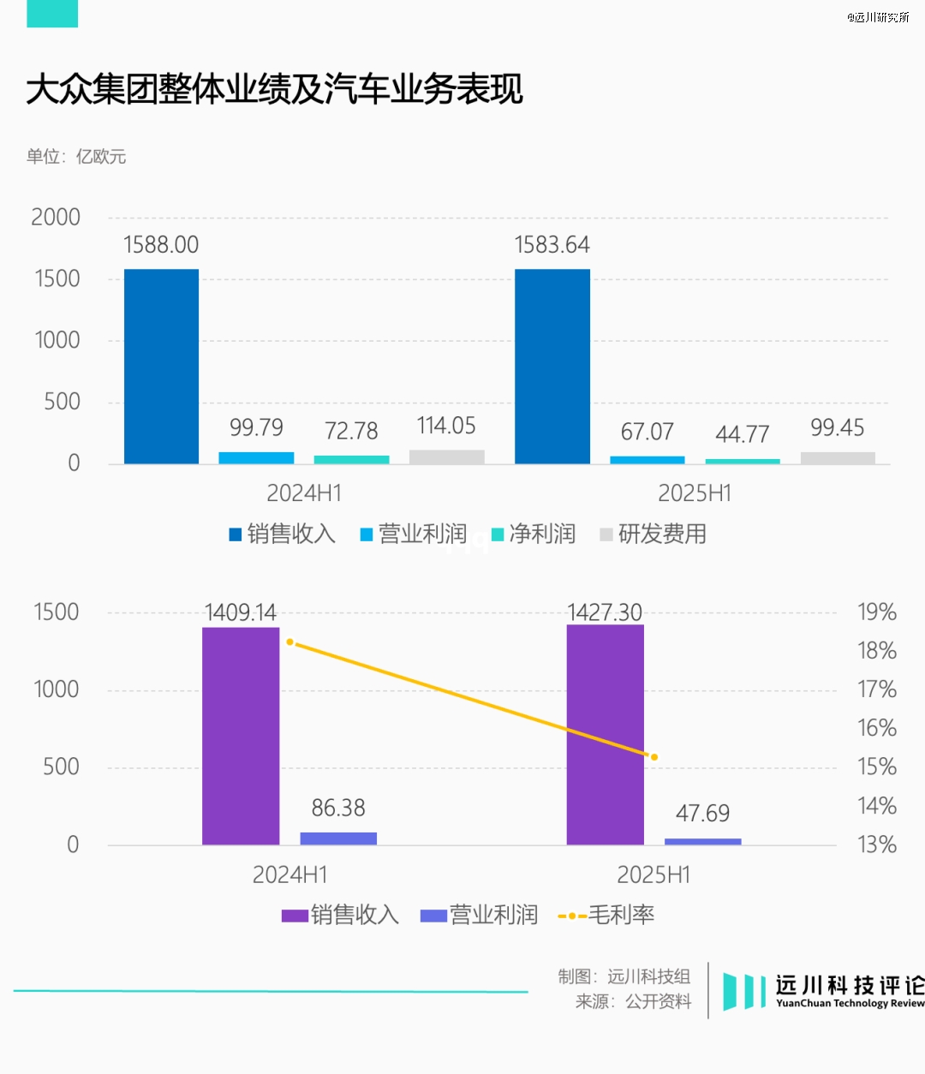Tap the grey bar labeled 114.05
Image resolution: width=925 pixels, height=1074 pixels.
click(446, 456)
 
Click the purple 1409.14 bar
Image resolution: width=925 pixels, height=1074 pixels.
click(241, 737)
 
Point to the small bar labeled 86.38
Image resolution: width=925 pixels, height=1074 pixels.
click(338, 838)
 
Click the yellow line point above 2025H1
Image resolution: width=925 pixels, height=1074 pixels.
click(654, 757)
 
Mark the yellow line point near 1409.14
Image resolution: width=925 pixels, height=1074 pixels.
click(290, 641)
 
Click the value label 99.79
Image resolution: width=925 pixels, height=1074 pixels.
click(256, 427)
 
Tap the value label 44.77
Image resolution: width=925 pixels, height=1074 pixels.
click(742, 434)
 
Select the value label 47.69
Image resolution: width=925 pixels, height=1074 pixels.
click(702, 813)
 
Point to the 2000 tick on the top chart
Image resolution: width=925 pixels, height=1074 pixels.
click(56, 218)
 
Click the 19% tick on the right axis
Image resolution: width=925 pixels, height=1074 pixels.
click(877, 612)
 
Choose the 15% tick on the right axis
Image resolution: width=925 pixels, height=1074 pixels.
click(877, 767)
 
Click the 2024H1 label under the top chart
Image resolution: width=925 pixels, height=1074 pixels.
click(304, 493)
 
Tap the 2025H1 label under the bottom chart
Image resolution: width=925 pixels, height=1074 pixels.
click(653, 874)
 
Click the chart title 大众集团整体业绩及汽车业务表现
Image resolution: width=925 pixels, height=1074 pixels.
click(274, 89)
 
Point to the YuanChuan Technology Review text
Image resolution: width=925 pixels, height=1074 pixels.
click(850, 1004)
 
